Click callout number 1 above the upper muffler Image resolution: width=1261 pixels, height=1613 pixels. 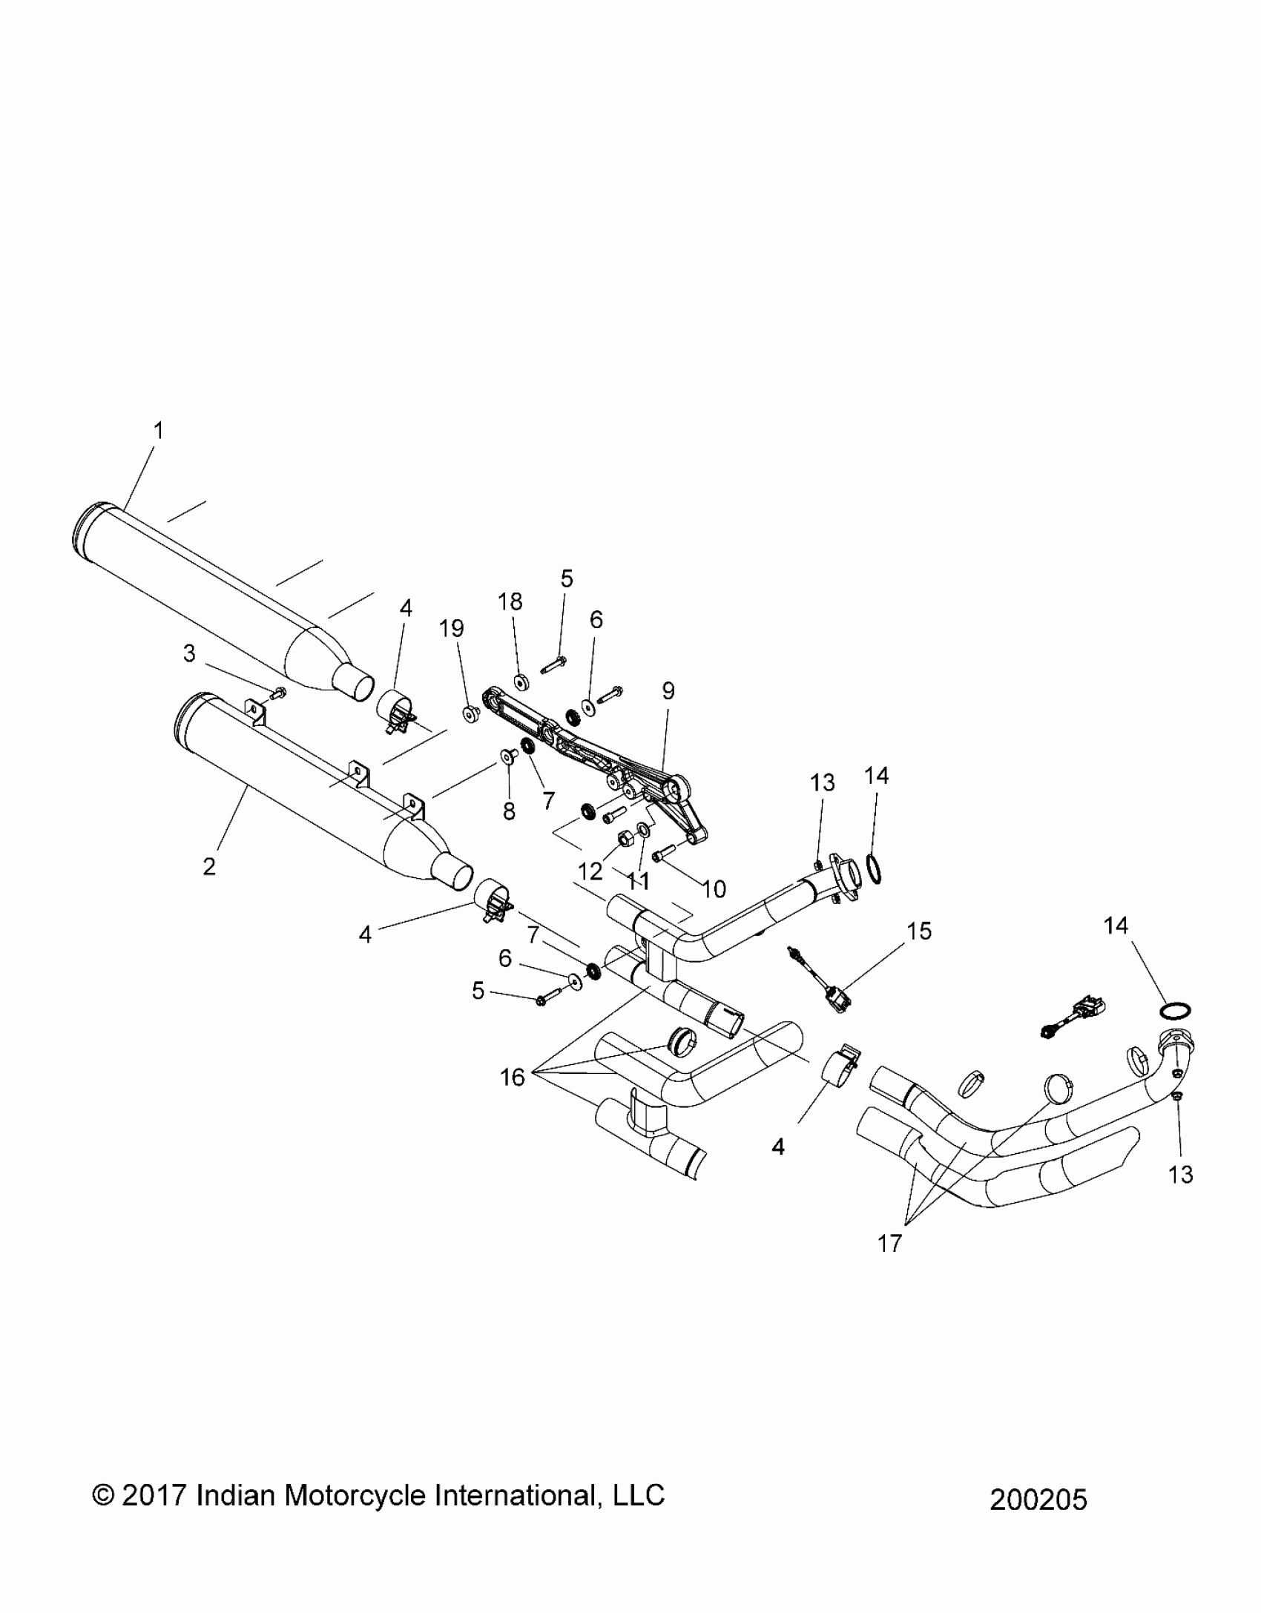tap(158, 430)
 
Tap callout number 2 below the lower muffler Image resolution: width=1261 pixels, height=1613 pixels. tap(209, 865)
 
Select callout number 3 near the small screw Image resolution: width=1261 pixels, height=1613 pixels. tap(189, 653)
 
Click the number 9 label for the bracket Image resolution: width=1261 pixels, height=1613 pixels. tap(668, 691)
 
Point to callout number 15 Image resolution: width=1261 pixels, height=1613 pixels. tap(920, 931)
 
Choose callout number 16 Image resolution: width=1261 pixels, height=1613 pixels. tap(513, 1077)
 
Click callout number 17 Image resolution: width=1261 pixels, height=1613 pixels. tap(889, 1244)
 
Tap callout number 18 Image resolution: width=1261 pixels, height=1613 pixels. tap(510, 601)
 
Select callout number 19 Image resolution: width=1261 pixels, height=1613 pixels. tap(452, 628)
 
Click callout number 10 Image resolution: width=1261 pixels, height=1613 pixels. tap(714, 888)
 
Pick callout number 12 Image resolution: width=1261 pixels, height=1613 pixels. tap(590, 871)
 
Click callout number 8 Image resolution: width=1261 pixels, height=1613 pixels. tap(509, 811)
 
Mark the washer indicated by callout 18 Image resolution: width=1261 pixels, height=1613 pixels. tap(520, 680)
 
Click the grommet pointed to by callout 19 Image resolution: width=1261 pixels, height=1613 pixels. tap(470, 714)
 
